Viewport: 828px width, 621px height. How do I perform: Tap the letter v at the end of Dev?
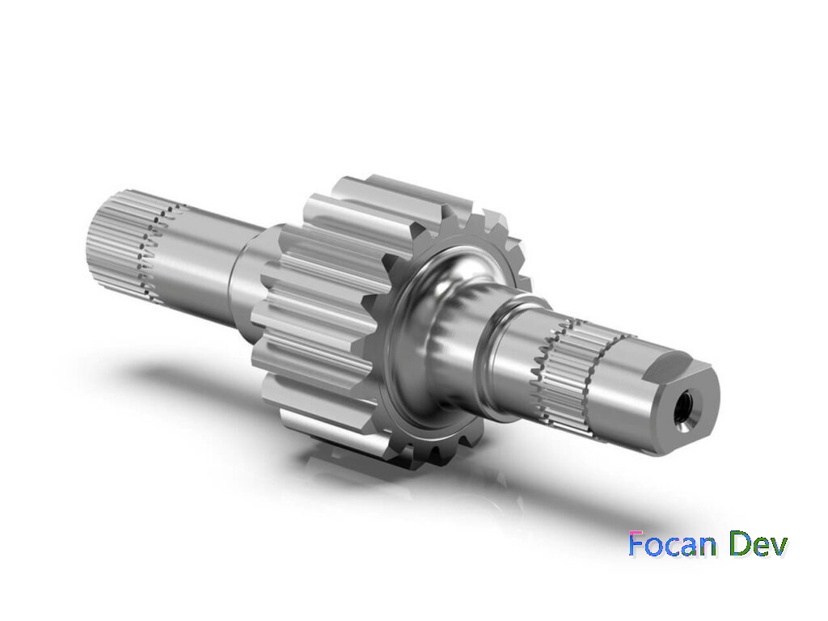point(777,547)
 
